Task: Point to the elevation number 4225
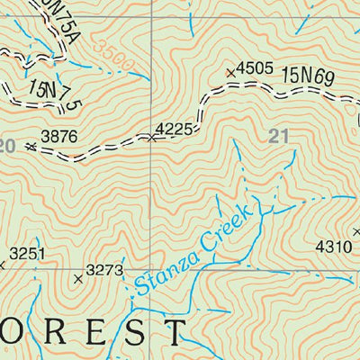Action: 175,130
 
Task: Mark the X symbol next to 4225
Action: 151,138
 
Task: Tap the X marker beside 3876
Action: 31,145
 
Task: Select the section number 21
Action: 278,136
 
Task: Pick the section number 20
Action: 8,145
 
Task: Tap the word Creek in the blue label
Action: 231,229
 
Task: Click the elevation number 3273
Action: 103,269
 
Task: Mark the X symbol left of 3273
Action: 77,279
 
